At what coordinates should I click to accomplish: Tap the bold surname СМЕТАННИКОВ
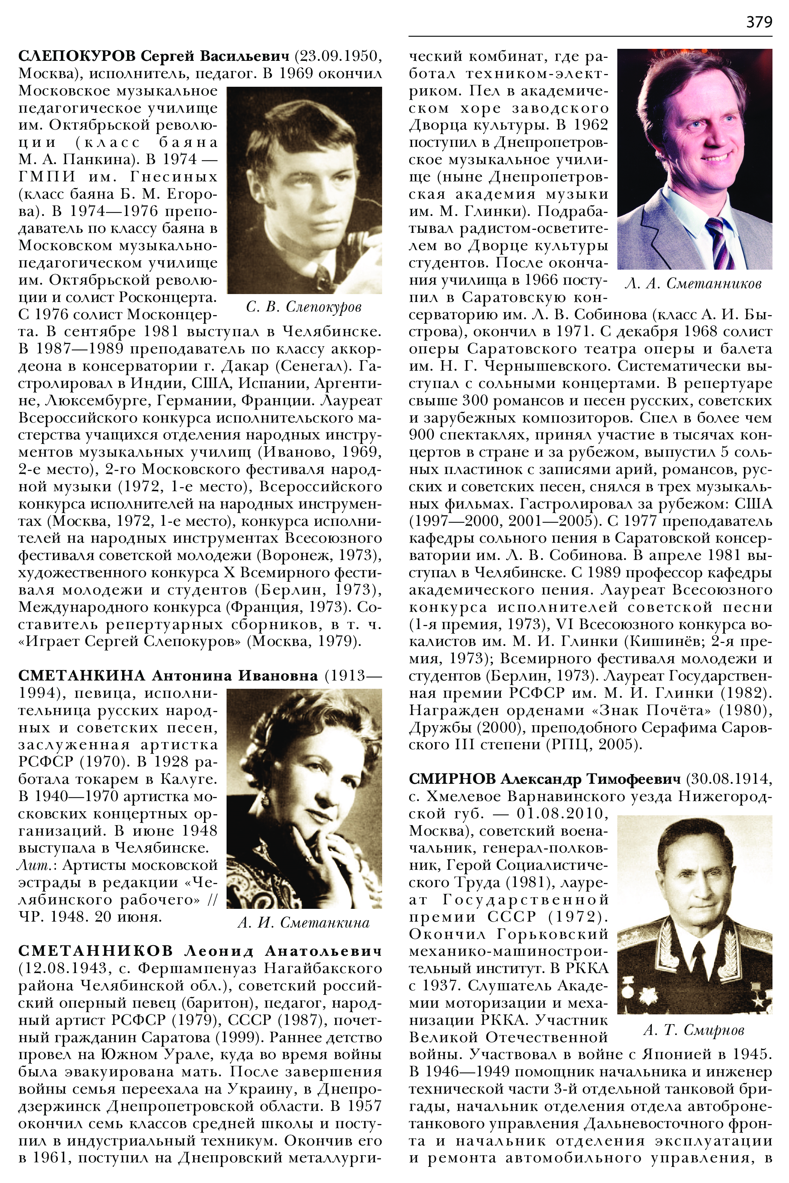click(95, 951)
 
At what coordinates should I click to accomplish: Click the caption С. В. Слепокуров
click(304, 306)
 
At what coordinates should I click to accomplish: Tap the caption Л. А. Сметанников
click(693, 284)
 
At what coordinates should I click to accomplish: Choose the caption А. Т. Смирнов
click(694, 1030)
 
